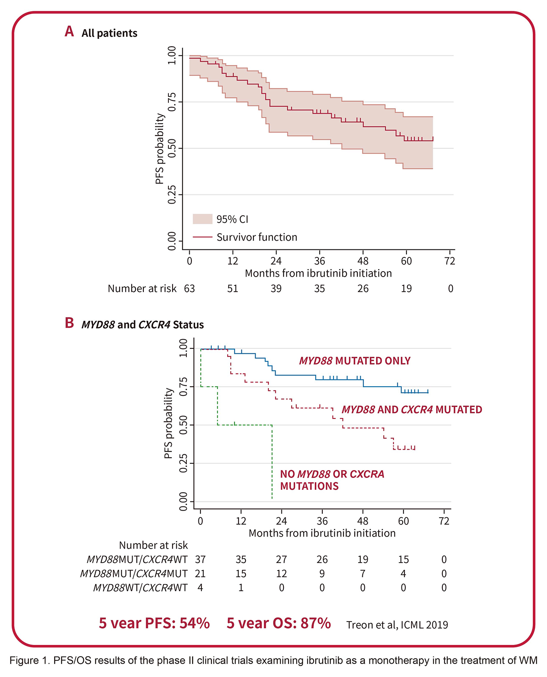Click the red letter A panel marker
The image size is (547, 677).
tap(69, 32)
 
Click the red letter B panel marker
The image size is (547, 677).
tap(69, 323)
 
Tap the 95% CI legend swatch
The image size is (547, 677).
tap(202, 219)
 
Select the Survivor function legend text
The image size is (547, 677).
tap(257, 237)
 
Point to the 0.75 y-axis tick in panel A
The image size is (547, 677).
tap(172, 102)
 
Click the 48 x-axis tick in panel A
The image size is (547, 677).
tap(363, 262)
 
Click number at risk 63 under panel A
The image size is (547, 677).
tap(190, 289)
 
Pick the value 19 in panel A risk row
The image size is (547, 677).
tap(406, 289)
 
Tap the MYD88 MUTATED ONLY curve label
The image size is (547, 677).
tap(355, 361)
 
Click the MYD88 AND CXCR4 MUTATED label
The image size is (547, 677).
tap(412, 410)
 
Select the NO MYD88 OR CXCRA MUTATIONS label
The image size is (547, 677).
tap(332, 480)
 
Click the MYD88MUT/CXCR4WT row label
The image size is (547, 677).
tap(137, 559)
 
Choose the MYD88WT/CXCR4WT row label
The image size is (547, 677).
tap(140, 588)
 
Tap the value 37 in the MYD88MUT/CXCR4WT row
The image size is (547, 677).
tap(200, 559)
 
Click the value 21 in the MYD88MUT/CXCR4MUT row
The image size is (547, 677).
tap(200, 574)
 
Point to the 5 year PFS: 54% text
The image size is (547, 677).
tap(154, 623)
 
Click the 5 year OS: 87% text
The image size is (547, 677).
tap(279, 623)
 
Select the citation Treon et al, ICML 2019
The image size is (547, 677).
tap(397, 625)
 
